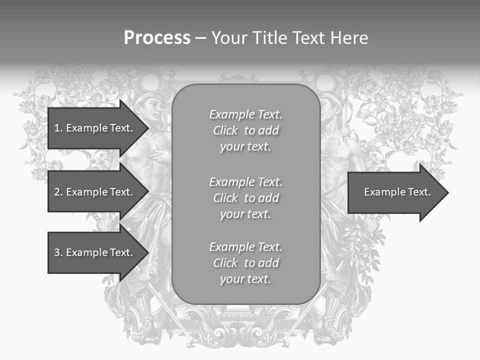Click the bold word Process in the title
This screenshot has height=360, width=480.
coord(157,38)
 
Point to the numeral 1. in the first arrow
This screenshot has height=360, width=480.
coord(58,128)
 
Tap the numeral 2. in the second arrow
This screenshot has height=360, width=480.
coord(58,192)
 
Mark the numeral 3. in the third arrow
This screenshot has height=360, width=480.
coord(58,252)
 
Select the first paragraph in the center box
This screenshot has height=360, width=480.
coord(245,130)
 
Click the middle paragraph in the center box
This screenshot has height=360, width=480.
coord(245,198)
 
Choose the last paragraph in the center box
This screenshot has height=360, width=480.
coord(245,263)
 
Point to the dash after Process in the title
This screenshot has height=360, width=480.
coord(200,38)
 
